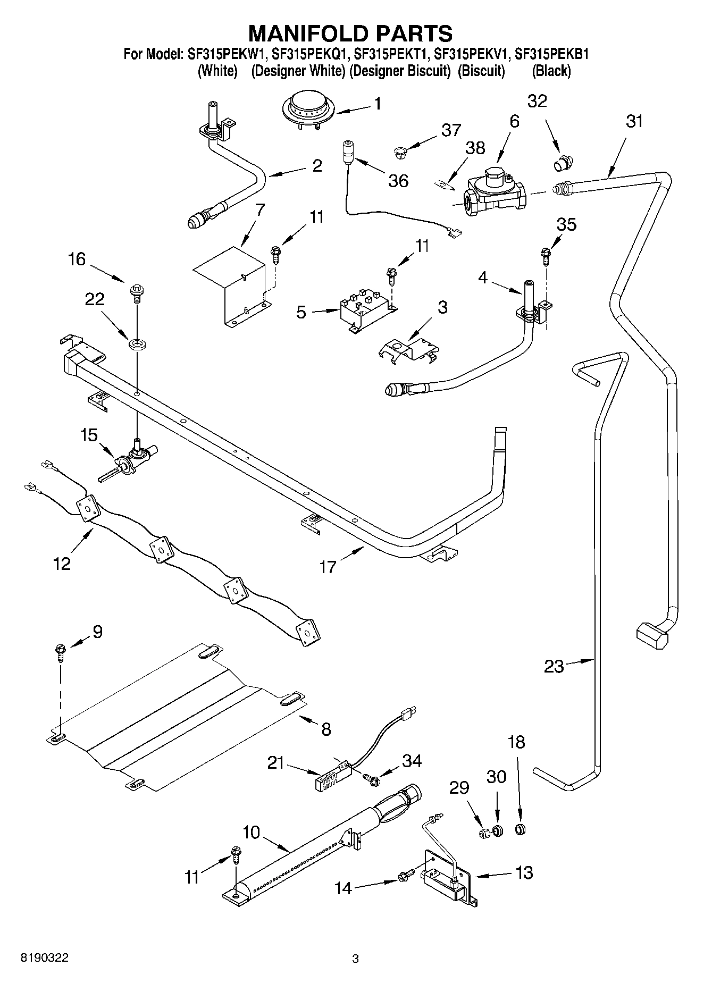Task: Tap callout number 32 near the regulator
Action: pyautogui.click(x=537, y=101)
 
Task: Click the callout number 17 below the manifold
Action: pyautogui.click(x=328, y=567)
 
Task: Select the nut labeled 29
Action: pyautogui.click(x=484, y=833)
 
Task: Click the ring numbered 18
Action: pyautogui.click(x=521, y=829)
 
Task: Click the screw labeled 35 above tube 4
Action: pyautogui.click(x=545, y=255)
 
